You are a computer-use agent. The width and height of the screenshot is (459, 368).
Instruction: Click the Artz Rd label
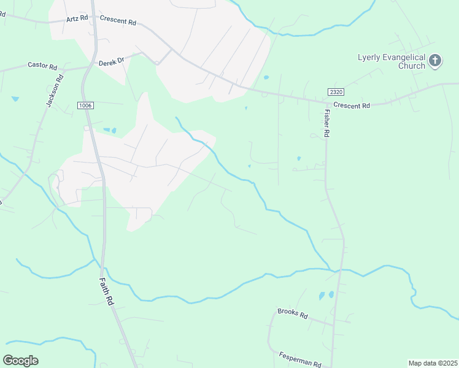tap(77, 20)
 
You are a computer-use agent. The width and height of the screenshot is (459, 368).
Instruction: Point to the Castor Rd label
tap(42, 64)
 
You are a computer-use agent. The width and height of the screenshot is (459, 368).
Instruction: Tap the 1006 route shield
tap(85, 105)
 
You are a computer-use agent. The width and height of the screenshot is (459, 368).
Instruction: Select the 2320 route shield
tap(335, 91)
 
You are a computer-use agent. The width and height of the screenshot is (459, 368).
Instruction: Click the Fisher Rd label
tap(327, 123)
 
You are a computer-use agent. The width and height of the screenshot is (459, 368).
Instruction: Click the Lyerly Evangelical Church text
tap(391, 61)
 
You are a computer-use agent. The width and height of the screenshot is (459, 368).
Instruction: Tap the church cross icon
tap(435, 60)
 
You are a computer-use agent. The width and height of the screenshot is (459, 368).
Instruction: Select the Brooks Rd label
tap(292, 313)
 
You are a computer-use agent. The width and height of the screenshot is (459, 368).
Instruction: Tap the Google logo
tap(20, 361)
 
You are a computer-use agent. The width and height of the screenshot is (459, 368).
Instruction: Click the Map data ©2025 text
tap(432, 363)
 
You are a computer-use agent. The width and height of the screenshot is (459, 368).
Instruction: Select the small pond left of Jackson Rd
tap(15, 98)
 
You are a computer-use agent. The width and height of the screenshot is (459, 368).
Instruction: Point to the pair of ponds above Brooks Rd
tap(326, 296)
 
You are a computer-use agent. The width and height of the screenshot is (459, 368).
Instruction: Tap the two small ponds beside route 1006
tap(109, 130)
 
